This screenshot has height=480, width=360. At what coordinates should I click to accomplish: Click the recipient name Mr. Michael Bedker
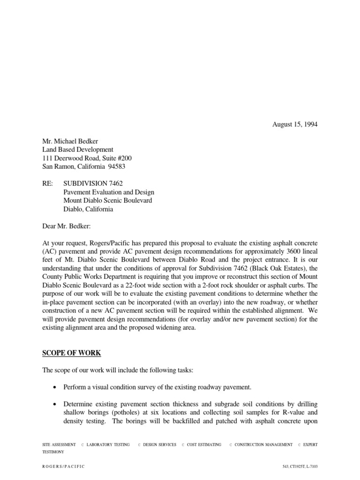(x=71, y=141)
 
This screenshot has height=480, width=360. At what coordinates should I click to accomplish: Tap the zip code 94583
(x=116, y=166)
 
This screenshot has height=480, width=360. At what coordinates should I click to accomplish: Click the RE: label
(x=48, y=184)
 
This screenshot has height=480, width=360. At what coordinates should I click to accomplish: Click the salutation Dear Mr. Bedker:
(x=70, y=226)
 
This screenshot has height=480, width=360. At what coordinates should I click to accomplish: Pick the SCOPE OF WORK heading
(x=71, y=352)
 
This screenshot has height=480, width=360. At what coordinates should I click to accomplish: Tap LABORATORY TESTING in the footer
(x=108, y=444)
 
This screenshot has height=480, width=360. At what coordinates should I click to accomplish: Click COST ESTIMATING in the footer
(x=204, y=444)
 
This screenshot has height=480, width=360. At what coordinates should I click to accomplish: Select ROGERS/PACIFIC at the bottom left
(x=64, y=467)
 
